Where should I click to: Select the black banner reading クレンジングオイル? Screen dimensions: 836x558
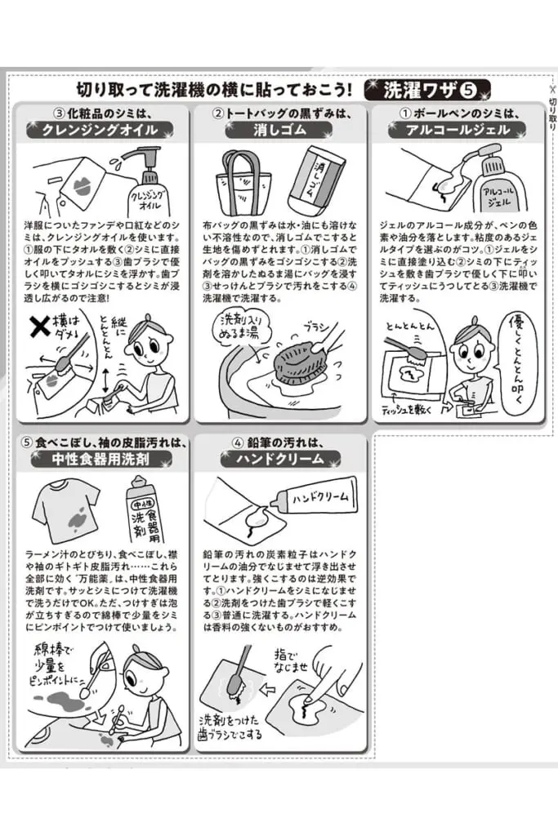(105, 129)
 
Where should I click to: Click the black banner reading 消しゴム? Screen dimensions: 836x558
(280, 129)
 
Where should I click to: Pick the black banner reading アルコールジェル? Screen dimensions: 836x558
(458, 129)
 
